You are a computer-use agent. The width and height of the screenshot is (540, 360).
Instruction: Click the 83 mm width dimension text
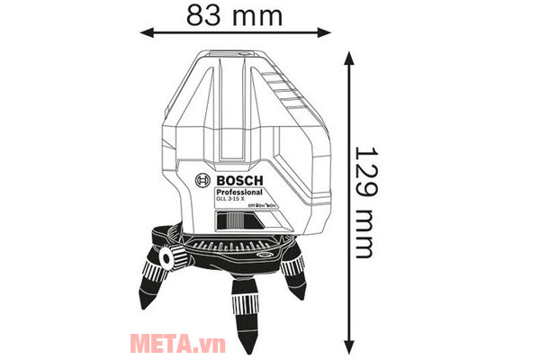tap(234, 15)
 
